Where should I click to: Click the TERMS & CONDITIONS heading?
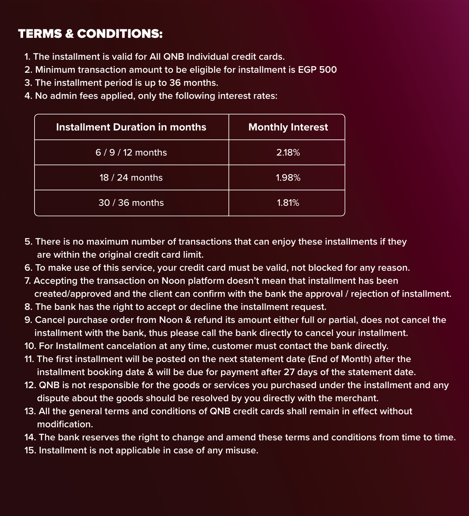[x=90, y=34]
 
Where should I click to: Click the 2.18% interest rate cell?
[x=288, y=153]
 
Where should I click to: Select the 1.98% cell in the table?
[x=288, y=178]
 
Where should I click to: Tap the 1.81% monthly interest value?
[x=288, y=203]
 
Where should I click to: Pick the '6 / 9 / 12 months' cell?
[x=131, y=153]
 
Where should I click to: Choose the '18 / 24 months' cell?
[x=131, y=178]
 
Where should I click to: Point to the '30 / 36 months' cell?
[x=131, y=203]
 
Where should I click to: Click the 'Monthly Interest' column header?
[x=288, y=127]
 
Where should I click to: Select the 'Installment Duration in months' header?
[x=131, y=127]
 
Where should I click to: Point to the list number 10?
[x=30, y=346]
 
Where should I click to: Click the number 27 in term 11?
[x=289, y=372]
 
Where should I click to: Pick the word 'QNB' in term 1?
[x=174, y=57]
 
